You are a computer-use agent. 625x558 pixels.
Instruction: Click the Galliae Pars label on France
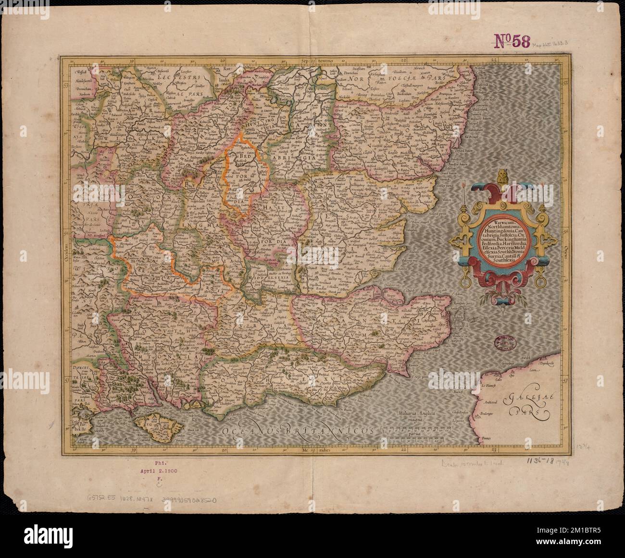(x=523, y=403)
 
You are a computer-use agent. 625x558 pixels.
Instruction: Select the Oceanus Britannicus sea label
(x=298, y=430)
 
